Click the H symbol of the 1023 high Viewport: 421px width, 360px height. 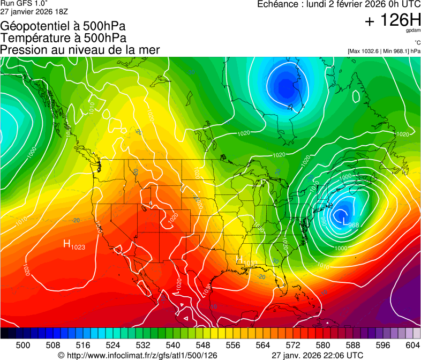point(67,244)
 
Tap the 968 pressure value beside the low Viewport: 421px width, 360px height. point(354,225)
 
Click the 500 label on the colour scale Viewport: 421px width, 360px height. point(23,345)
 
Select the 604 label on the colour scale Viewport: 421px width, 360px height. point(413,345)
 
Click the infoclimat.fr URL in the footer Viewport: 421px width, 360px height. point(141,355)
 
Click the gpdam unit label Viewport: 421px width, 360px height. point(413,31)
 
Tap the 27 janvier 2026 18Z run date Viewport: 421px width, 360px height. point(34,11)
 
